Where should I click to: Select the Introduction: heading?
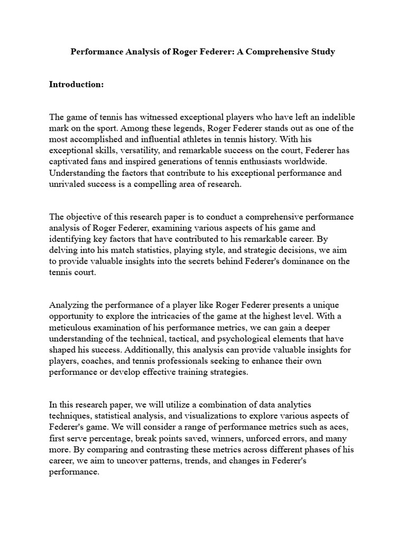click(77, 84)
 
